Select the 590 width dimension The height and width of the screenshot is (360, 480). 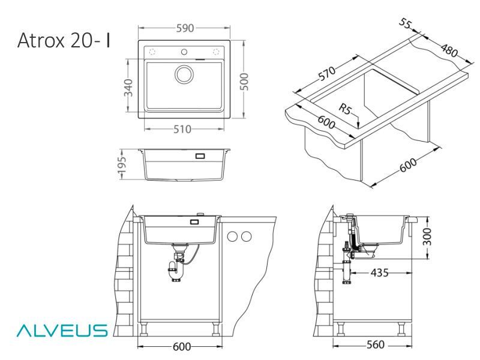(184, 28)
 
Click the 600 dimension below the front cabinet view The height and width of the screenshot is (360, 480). (180, 346)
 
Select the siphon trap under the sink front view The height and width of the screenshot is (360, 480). (178, 267)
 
